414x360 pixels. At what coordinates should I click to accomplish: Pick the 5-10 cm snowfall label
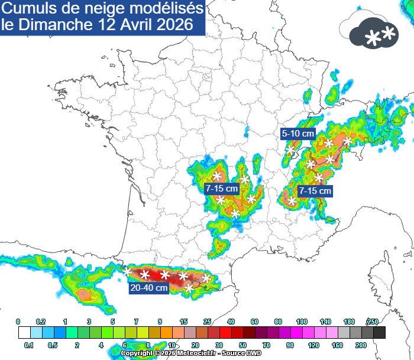tap(298, 134)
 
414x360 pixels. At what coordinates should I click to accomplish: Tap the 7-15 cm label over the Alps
tap(315, 191)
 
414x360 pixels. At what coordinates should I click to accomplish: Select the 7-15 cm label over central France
tap(222, 189)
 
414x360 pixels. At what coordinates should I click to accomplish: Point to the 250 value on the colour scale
tap(373, 321)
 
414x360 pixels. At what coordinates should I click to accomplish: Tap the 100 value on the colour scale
tap(302, 321)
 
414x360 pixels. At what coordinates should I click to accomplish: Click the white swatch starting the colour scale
tap(24, 332)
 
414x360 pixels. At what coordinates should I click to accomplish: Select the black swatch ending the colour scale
tap(379, 332)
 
